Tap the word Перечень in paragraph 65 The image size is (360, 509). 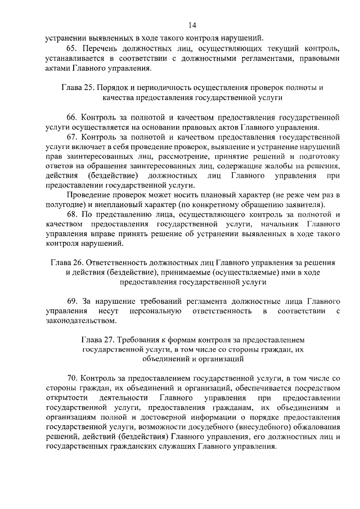tap(101, 48)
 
